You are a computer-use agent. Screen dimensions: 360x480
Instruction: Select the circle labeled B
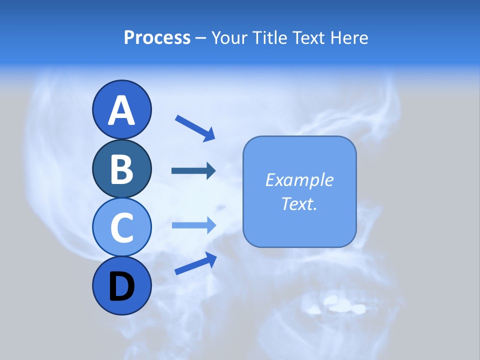click(x=121, y=169)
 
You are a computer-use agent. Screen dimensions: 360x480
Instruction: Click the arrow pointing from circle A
click(x=195, y=128)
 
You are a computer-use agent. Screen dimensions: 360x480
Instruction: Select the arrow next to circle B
click(x=193, y=171)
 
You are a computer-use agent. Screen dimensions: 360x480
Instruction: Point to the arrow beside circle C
click(x=193, y=225)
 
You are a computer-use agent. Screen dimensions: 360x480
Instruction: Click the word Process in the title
click(x=157, y=37)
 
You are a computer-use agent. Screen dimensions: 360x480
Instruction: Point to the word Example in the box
click(x=299, y=180)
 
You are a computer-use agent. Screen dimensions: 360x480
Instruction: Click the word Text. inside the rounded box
click(x=299, y=203)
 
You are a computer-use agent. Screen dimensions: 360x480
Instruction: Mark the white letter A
click(x=121, y=111)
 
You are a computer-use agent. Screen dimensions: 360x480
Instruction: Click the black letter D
click(x=121, y=286)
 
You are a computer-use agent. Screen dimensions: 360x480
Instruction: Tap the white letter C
click(x=121, y=228)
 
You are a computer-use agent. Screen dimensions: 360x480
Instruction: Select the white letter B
click(x=121, y=169)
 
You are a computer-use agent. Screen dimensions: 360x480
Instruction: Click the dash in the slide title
click(x=200, y=38)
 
